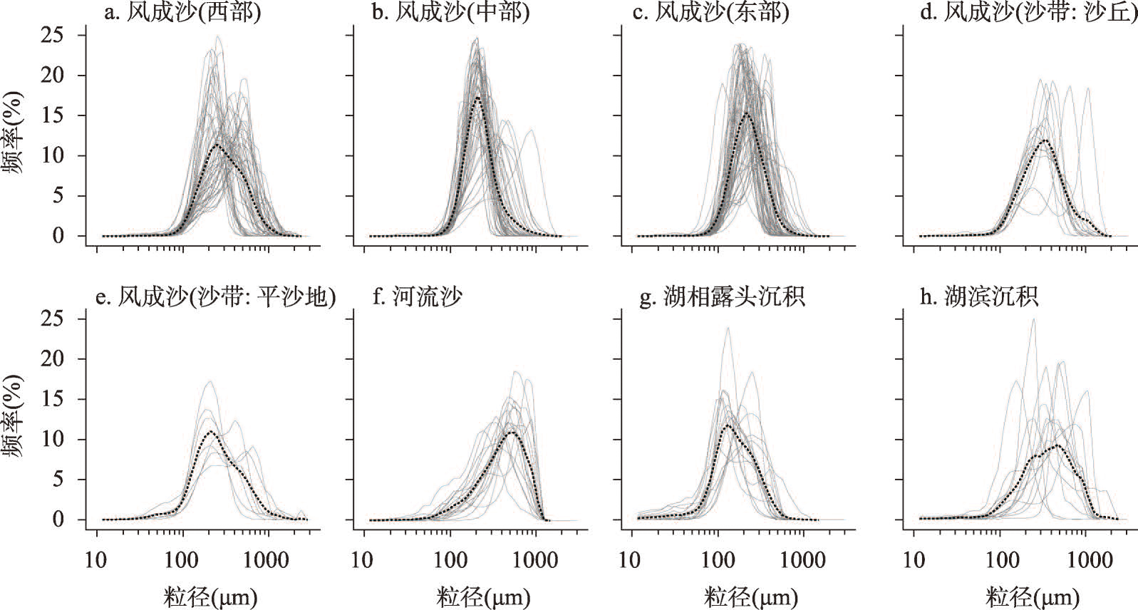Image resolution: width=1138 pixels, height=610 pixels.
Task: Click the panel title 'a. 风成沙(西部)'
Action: pyautogui.click(x=182, y=14)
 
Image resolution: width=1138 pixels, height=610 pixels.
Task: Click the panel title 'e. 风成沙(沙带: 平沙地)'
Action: pyautogui.click(x=216, y=296)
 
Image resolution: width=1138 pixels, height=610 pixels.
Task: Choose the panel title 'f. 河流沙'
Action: pyautogui.click(x=418, y=296)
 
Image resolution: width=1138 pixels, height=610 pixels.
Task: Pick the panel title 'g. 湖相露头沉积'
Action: pyautogui.click(x=722, y=296)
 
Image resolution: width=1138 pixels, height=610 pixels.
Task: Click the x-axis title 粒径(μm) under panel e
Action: pyautogui.click(x=210, y=596)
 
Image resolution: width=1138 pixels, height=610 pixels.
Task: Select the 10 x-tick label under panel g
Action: pyautogui.click(x=630, y=560)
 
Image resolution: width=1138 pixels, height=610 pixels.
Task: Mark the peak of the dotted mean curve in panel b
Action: pyautogui.click(x=477, y=97)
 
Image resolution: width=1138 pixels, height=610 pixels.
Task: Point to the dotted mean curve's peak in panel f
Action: pyautogui.click(x=513, y=432)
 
